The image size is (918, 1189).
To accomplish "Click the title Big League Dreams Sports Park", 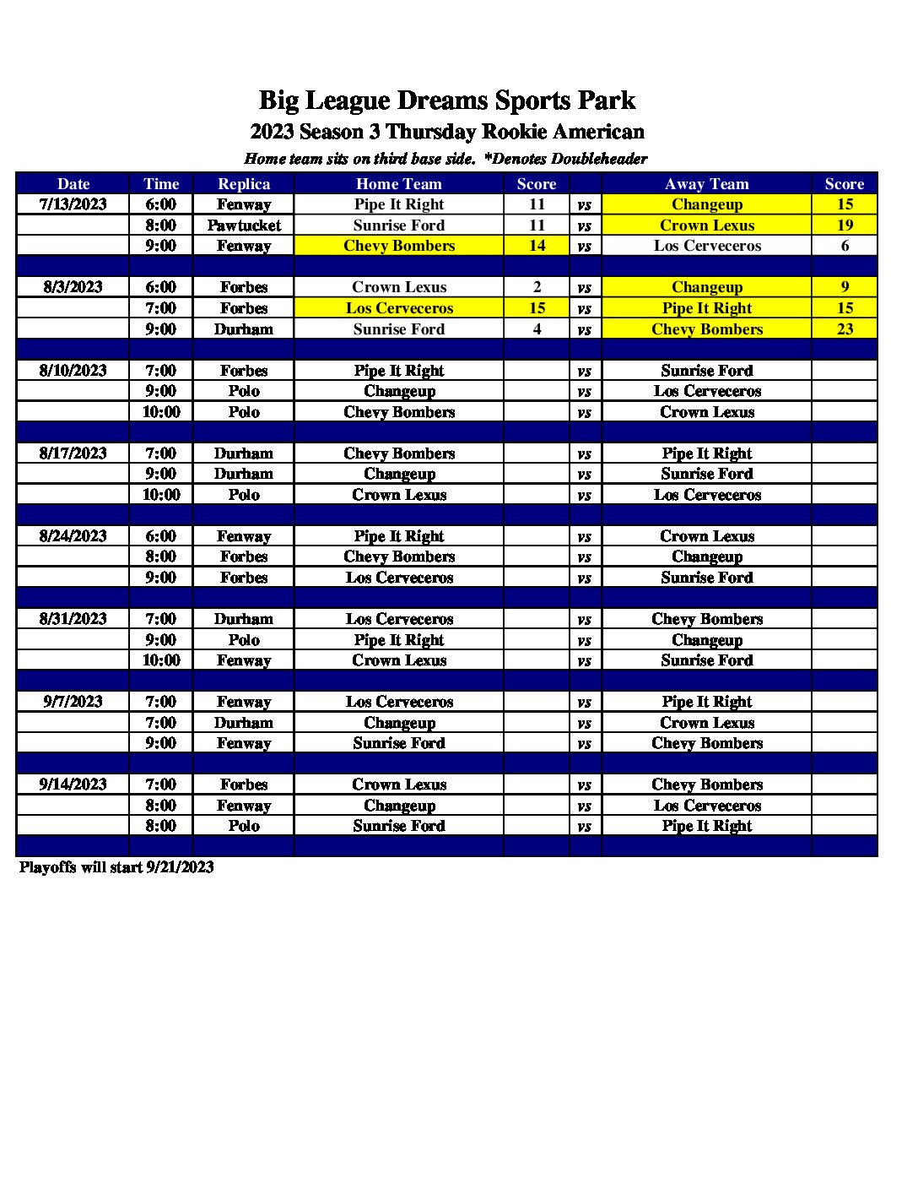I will pyautogui.click(x=446, y=100).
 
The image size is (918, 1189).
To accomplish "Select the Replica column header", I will pyautogui.click(x=244, y=184).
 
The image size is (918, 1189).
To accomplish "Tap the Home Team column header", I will pyautogui.click(x=398, y=184).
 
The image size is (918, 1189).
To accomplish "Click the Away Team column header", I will pyautogui.click(x=706, y=184).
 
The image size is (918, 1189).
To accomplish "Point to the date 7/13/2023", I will pyautogui.click(x=73, y=204).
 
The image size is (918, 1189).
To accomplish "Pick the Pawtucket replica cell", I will pyautogui.click(x=244, y=225).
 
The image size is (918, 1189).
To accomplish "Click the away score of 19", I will pyautogui.click(x=845, y=225).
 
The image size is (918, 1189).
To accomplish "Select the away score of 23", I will pyautogui.click(x=845, y=329).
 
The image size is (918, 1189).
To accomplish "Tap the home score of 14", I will pyautogui.click(x=537, y=246).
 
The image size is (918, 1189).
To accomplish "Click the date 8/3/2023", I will pyautogui.click(x=73, y=287).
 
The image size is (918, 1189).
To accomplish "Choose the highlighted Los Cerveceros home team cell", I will pyautogui.click(x=398, y=308).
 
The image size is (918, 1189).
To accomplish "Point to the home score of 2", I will pyautogui.click(x=537, y=287).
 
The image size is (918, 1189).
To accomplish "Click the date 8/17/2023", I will pyautogui.click(x=73, y=453).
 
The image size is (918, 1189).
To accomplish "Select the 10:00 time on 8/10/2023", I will pyautogui.click(x=161, y=412).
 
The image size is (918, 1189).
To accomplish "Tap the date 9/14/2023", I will pyautogui.click(x=73, y=785).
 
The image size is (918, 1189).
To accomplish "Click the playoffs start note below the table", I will pyautogui.click(x=116, y=867).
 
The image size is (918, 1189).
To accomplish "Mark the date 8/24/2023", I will pyautogui.click(x=73, y=536).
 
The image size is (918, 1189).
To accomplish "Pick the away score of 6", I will pyautogui.click(x=845, y=246).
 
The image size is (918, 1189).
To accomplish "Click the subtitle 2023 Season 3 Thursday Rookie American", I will pyautogui.click(x=446, y=132).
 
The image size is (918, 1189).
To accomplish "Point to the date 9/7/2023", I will pyautogui.click(x=73, y=702).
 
